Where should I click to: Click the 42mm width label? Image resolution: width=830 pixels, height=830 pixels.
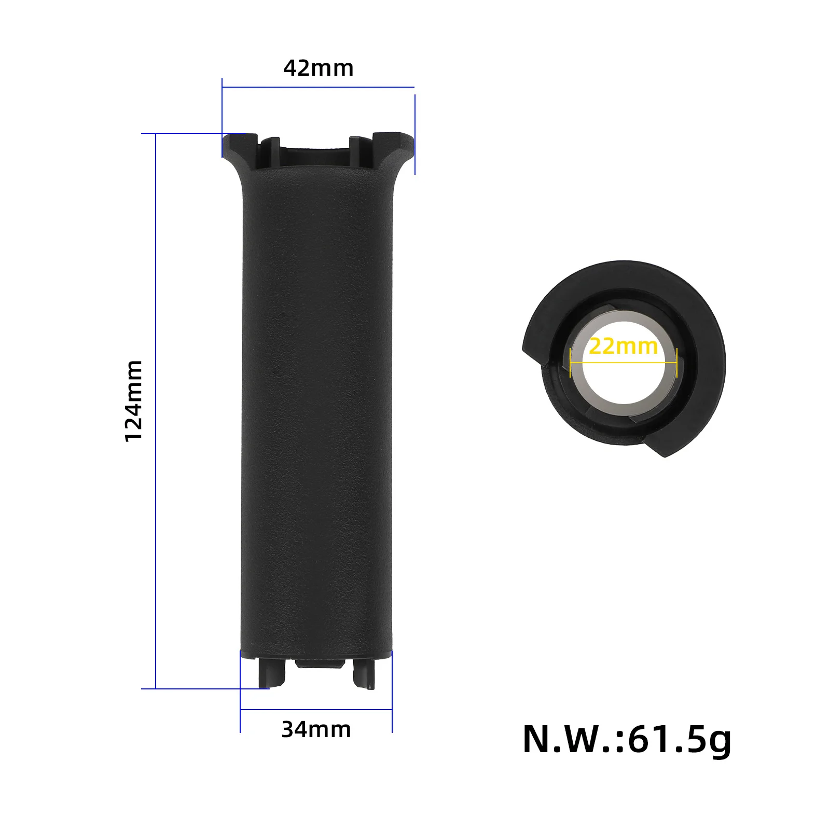click(x=319, y=68)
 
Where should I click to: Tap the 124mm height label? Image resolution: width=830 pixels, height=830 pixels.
click(x=134, y=401)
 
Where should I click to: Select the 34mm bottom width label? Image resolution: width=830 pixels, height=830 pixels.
click(x=316, y=730)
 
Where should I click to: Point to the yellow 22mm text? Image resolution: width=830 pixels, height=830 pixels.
click(x=623, y=346)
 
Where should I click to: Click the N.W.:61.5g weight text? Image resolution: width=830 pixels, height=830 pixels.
click(x=627, y=740)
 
